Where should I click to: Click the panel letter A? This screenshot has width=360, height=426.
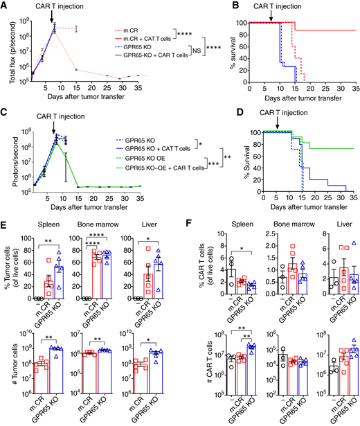[5, 6]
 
